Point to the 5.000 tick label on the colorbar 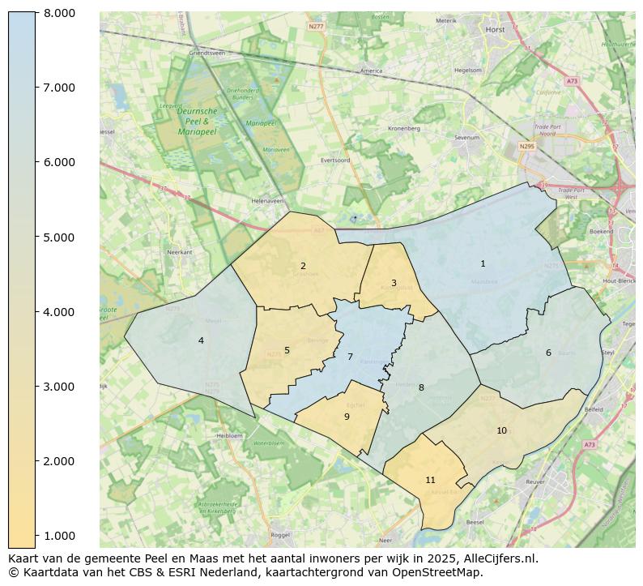[x=60, y=237]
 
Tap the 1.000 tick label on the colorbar [x=60, y=536]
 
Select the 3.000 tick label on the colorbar [x=60, y=387]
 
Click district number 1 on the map [x=483, y=263]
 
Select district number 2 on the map [x=303, y=266]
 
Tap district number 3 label [x=394, y=283]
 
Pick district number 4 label [x=201, y=340]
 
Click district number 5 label [x=287, y=350]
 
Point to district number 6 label [x=548, y=353]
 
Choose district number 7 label [x=350, y=357]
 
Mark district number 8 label [x=421, y=387]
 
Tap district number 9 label [x=347, y=417]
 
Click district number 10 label [x=501, y=430]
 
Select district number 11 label [x=430, y=480]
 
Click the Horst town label [x=494, y=29]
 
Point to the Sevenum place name [x=467, y=138]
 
